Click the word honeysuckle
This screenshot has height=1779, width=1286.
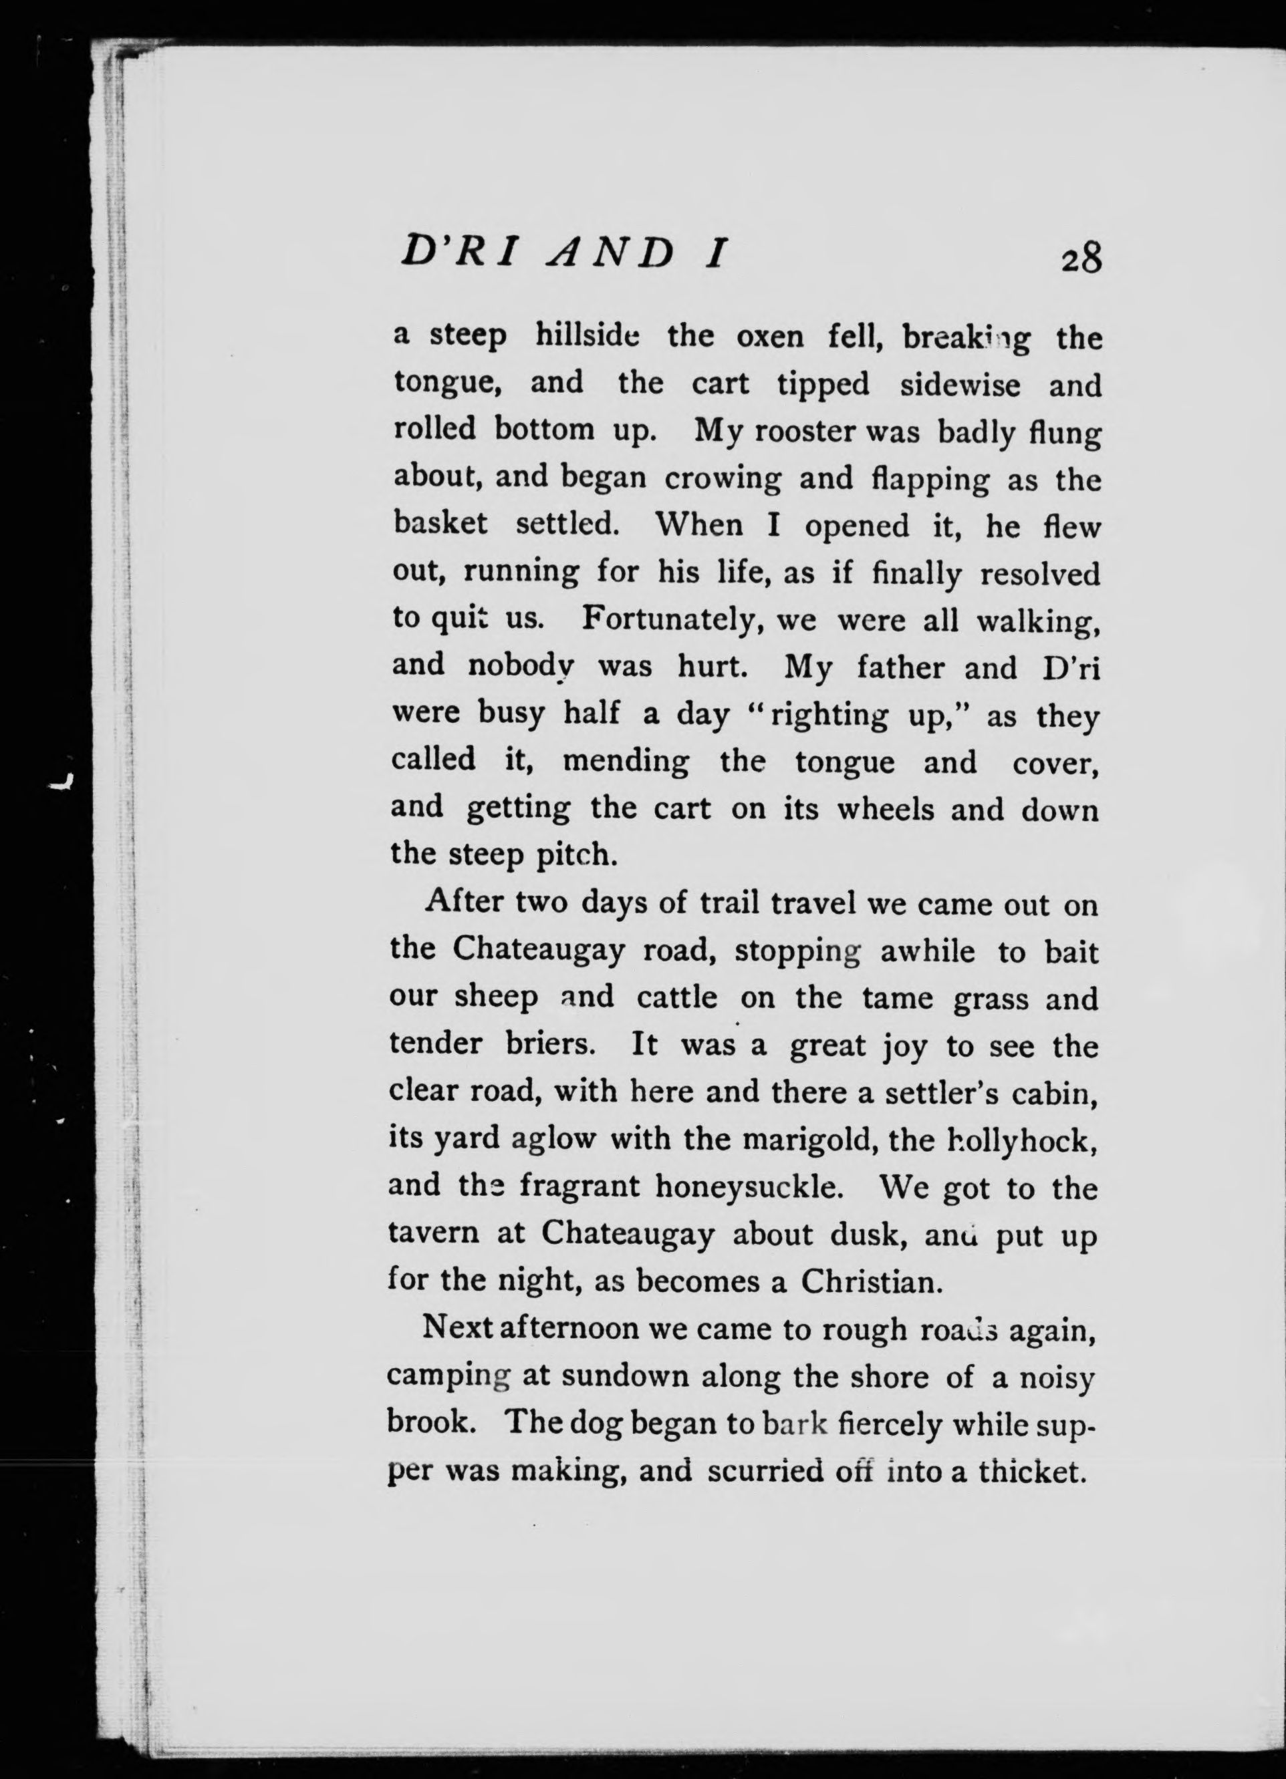pos(749,1188)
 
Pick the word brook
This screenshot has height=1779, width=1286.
pos(428,1423)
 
